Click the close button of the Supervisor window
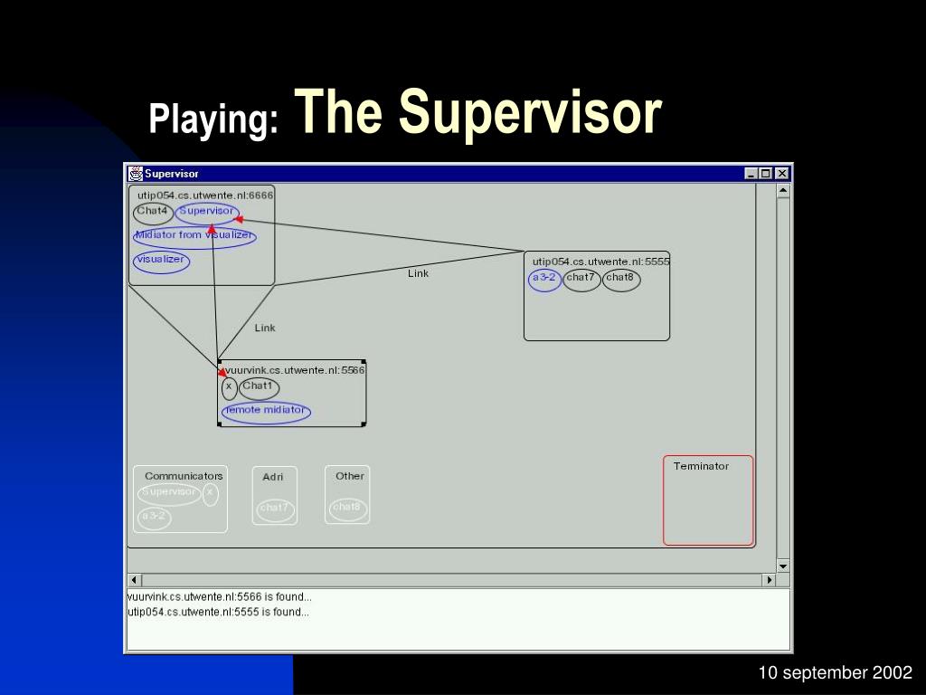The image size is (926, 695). tap(782, 174)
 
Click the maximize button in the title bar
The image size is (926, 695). tap(767, 174)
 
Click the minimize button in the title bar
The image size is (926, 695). tap(752, 174)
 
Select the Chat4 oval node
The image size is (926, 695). tap(153, 214)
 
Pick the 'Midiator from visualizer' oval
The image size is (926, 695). tap(194, 237)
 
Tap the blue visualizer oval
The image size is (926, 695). tap(162, 262)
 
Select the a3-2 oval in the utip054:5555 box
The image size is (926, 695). tap(544, 280)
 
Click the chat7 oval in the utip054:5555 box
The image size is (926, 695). tap(581, 280)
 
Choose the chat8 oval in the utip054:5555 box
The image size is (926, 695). tap(620, 280)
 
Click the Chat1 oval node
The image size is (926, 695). tap(259, 388)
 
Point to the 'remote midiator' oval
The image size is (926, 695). tap(266, 412)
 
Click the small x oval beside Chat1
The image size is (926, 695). tap(229, 388)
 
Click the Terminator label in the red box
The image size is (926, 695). tap(701, 466)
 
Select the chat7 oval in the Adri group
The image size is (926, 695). tap(274, 509)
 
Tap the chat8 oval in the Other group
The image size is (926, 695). tap(347, 509)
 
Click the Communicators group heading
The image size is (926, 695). tap(184, 476)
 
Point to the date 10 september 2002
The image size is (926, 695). tap(835, 672)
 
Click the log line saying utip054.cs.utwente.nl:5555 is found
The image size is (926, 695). tap(219, 612)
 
